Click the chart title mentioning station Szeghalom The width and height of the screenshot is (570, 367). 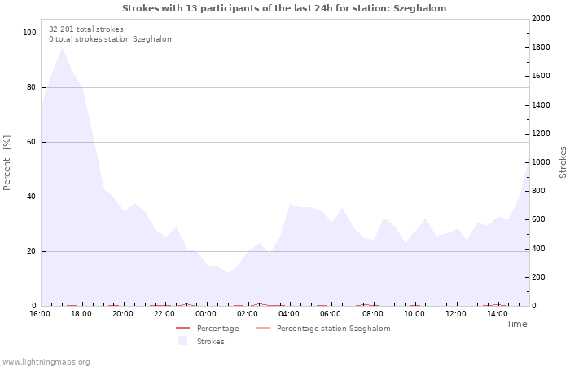tap(284, 8)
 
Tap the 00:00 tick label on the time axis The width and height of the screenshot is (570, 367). tap(206, 314)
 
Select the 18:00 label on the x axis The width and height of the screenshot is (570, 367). tap(81, 314)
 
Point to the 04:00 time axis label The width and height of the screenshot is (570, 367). tap(289, 314)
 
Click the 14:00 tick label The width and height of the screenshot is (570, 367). tap(498, 314)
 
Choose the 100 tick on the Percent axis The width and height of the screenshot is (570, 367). tap(29, 33)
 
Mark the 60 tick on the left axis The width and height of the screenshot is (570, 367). tap(31, 142)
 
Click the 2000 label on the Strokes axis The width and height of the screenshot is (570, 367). tap(541, 19)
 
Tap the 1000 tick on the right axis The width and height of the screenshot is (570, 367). tap(541, 162)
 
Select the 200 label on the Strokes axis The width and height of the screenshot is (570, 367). tap(539, 277)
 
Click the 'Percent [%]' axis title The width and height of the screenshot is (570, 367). tap(7, 163)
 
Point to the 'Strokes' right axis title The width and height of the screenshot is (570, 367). tap(563, 162)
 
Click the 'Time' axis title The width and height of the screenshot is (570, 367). tap(517, 324)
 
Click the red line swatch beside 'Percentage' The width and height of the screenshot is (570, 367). tap(183, 328)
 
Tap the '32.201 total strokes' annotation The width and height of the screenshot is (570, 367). tap(86, 29)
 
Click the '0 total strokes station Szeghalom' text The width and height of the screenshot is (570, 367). tap(112, 39)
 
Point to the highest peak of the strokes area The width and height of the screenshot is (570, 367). tap(62, 47)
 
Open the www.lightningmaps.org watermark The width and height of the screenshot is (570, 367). tap(46, 362)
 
